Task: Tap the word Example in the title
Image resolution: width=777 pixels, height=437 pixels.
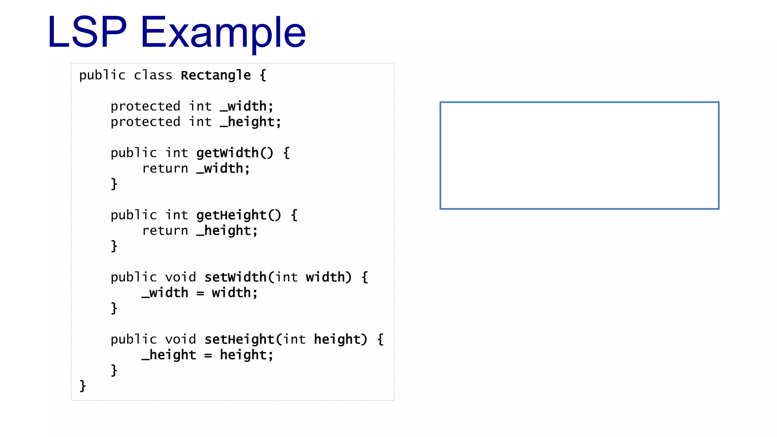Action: point(223,33)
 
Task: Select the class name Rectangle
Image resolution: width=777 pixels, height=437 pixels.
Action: point(215,75)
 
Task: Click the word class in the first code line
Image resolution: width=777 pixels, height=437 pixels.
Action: point(153,75)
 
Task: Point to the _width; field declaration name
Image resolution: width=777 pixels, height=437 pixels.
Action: point(247,106)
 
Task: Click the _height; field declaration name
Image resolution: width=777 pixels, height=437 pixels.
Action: point(250,122)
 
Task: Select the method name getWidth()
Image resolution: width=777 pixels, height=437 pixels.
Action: point(234,153)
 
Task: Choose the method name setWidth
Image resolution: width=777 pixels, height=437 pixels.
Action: point(235,277)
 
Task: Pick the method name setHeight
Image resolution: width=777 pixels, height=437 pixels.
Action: point(239,340)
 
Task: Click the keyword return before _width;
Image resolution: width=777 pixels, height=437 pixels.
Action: point(165,168)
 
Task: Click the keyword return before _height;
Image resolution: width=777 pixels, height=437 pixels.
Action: point(165,231)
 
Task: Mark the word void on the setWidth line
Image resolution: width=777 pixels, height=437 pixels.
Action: point(181,277)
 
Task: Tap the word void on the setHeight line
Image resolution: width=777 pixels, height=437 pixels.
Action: point(181,340)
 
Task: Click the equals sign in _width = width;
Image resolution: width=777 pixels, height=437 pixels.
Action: point(200,293)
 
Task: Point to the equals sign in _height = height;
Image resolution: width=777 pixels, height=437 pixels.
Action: point(208,355)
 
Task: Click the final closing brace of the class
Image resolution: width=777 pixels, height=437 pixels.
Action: point(83,386)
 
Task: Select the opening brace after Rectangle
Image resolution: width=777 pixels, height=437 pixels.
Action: point(263,75)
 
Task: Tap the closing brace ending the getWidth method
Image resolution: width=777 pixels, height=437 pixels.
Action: point(114,184)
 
